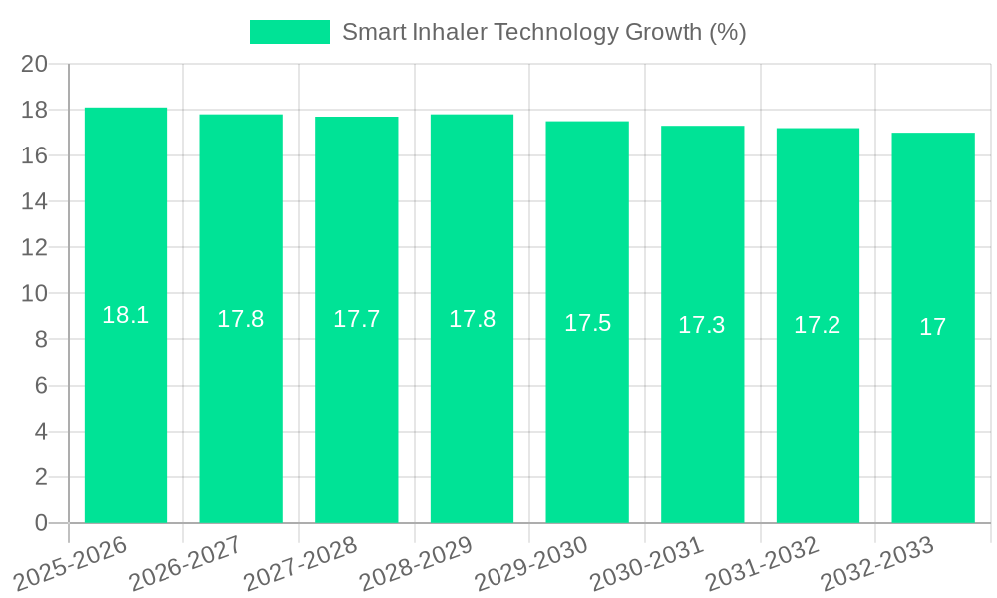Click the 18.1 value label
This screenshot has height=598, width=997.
(x=126, y=315)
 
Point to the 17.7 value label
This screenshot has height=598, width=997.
(x=356, y=319)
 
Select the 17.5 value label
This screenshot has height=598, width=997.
(x=587, y=323)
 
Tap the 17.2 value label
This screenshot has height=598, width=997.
(x=818, y=325)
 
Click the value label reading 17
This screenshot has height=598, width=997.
(x=933, y=327)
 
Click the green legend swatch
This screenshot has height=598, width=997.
(x=289, y=32)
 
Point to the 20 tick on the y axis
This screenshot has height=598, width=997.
(x=34, y=64)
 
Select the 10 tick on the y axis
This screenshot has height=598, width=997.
(x=34, y=294)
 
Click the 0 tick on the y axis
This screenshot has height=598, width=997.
(x=41, y=523)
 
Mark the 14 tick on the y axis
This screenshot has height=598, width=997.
(x=34, y=201)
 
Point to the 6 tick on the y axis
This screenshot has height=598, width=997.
(x=41, y=386)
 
